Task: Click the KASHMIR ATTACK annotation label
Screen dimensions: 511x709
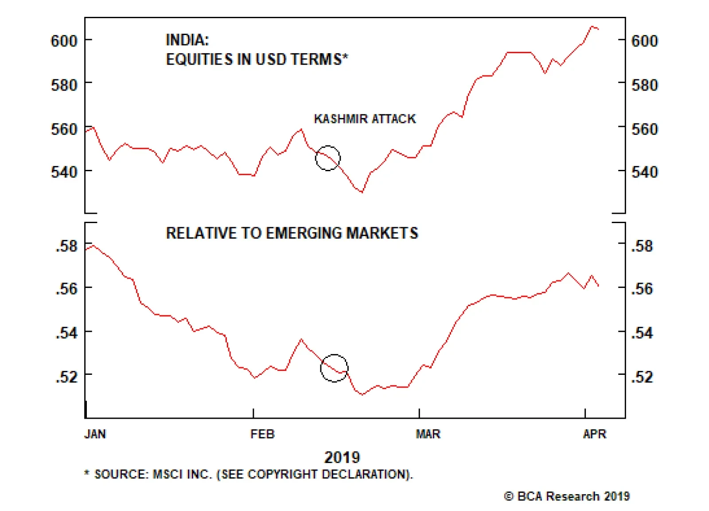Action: point(365,119)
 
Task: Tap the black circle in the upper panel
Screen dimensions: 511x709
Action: point(328,158)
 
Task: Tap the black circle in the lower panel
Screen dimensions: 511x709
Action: point(334,368)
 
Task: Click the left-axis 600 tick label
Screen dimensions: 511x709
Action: point(64,41)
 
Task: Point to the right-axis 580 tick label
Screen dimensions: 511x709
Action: point(644,85)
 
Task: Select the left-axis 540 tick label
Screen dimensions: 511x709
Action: point(64,172)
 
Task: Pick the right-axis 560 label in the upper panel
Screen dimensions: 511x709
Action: point(644,129)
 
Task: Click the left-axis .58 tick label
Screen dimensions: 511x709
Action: point(66,246)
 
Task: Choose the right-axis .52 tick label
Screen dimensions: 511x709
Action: point(642,377)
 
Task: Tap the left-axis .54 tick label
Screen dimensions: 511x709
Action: point(66,333)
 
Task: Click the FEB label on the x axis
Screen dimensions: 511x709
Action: point(262,434)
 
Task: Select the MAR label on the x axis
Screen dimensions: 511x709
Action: point(428,434)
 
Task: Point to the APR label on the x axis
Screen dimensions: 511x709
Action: point(594,434)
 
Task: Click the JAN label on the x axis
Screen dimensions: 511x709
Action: point(95,434)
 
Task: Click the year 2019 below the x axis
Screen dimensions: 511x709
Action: point(342,457)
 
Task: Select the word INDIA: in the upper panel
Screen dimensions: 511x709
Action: point(187,40)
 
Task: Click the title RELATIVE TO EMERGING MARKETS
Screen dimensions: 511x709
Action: point(292,233)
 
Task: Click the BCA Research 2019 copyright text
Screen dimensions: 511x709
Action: point(567,496)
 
